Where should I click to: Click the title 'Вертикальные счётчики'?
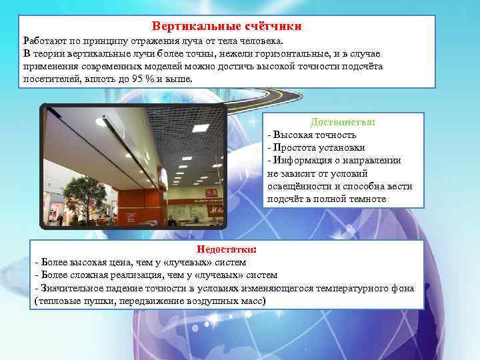coord(227,27)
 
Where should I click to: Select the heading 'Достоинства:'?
coord(343,123)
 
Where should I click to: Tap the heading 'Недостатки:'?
coord(226,249)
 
